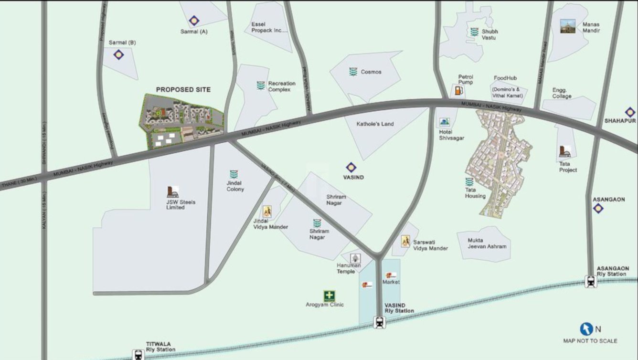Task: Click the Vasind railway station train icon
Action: (379, 323)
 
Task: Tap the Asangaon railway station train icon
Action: (591, 282)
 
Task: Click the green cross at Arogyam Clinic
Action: (330, 296)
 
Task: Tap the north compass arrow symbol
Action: (586, 329)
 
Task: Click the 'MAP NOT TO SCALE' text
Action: (590, 341)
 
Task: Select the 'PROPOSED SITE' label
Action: (183, 90)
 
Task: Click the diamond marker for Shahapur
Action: (630, 112)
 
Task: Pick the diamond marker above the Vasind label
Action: (351, 168)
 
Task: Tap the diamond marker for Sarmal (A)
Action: (193, 21)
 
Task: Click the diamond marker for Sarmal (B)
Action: (118, 54)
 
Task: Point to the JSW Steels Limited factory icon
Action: (173, 192)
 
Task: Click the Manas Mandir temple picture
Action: (568, 26)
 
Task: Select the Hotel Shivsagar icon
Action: (445, 123)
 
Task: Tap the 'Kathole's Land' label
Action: (375, 124)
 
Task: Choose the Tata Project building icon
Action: (564, 151)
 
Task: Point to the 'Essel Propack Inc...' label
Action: (269, 27)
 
